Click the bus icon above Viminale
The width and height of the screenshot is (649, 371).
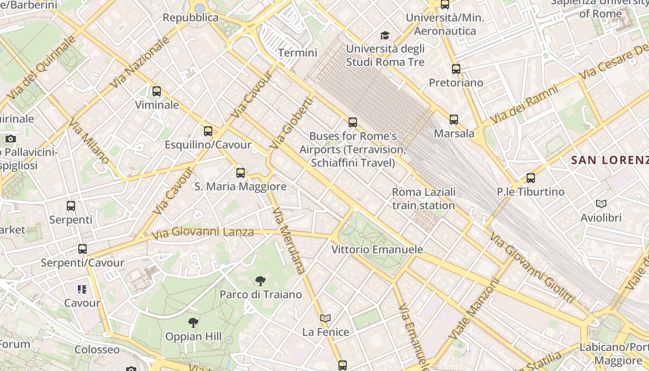pyautogui.click(x=157, y=91)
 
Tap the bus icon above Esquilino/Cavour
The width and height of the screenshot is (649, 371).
pyautogui.click(x=208, y=131)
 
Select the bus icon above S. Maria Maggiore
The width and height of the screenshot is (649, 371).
pyautogui.click(x=240, y=173)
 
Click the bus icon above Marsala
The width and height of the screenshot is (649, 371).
pyautogui.click(x=454, y=120)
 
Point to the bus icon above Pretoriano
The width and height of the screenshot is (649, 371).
pyautogui.click(x=456, y=69)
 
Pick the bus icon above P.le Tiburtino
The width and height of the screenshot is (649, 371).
pyautogui.click(x=531, y=178)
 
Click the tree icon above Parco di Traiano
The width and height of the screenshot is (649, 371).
pyautogui.click(x=261, y=281)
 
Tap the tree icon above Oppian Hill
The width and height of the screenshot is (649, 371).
pyautogui.click(x=193, y=323)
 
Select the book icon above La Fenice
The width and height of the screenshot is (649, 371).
pyautogui.click(x=325, y=319)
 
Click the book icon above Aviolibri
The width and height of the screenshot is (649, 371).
pyautogui.click(x=601, y=204)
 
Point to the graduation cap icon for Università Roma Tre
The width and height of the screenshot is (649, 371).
pyautogui.click(x=385, y=35)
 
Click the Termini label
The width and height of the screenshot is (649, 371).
pyautogui.click(x=298, y=53)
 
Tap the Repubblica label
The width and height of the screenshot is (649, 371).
pyautogui.click(x=191, y=18)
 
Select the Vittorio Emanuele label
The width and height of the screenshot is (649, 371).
pyautogui.click(x=377, y=249)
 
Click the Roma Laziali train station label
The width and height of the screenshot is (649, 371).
pyautogui.click(x=424, y=198)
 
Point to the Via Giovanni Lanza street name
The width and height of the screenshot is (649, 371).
pyautogui.click(x=203, y=232)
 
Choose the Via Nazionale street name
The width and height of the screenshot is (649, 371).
pyautogui.click(x=140, y=63)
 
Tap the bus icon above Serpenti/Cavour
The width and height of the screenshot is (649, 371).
pyautogui.click(x=83, y=249)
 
